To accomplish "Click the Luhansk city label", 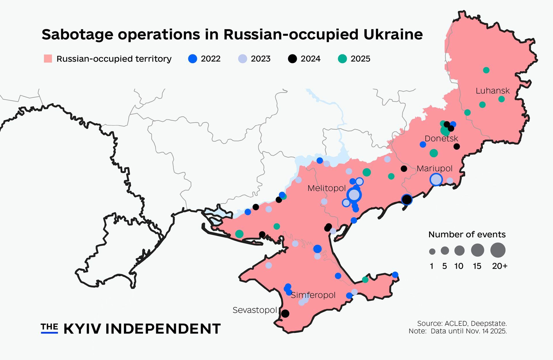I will pyautogui.click(x=492, y=91).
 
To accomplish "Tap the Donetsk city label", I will pyautogui.click(x=441, y=139).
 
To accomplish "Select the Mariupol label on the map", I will pyautogui.click(x=434, y=168).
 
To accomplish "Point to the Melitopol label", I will pyautogui.click(x=326, y=188).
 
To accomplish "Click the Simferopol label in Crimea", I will pyautogui.click(x=313, y=295).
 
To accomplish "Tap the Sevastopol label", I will pyautogui.click(x=255, y=310).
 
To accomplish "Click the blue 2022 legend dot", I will pyautogui.click(x=192, y=59).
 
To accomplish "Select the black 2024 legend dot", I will pyautogui.click(x=292, y=59).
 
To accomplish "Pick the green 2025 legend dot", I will pyautogui.click(x=342, y=59).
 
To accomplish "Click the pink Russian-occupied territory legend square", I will pyautogui.click(x=48, y=59).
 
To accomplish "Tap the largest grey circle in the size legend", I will pyautogui.click(x=498, y=250).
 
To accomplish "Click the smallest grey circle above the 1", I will pyautogui.click(x=432, y=251).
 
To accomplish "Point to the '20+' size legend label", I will pyautogui.click(x=500, y=266).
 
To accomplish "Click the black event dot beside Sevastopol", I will pyautogui.click(x=285, y=314).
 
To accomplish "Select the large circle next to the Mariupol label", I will pyautogui.click(x=436, y=180).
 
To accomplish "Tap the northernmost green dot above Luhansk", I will pyautogui.click(x=486, y=70).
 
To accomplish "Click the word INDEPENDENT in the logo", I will pyautogui.click(x=163, y=329).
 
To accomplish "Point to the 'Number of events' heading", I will pyautogui.click(x=467, y=235).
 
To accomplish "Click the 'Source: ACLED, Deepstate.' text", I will pyautogui.click(x=462, y=323).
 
